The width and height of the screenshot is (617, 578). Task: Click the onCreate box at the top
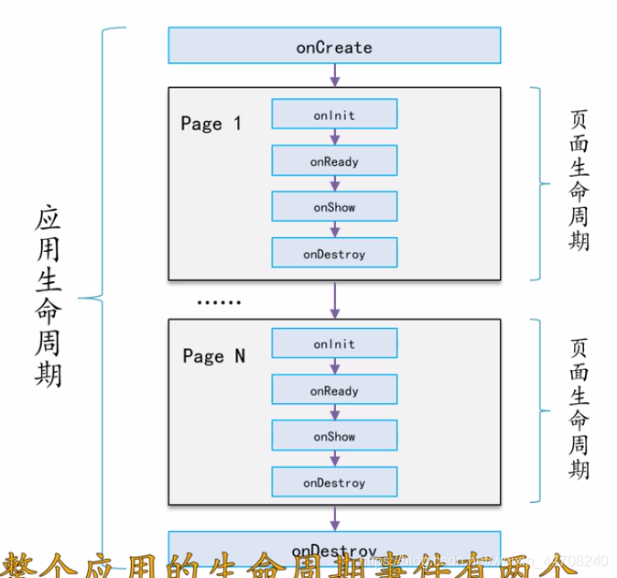click(x=334, y=46)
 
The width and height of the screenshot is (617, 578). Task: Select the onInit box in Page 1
click(x=334, y=115)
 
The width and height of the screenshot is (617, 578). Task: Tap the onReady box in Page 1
click(x=334, y=161)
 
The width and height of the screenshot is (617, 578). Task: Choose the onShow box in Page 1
click(x=334, y=207)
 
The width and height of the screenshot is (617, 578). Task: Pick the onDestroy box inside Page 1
click(x=334, y=253)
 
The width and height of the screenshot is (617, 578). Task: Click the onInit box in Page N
click(x=334, y=344)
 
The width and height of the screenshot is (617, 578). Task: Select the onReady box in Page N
click(x=334, y=390)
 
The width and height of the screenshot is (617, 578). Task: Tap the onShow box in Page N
click(x=334, y=436)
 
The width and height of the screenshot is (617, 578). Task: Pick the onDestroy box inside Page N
click(x=334, y=482)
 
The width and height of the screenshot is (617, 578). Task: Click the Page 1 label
click(x=211, y=124)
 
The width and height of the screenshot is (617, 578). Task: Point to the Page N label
click(x=213, y=356)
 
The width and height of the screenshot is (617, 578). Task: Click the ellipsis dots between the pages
click(x=219, y=300)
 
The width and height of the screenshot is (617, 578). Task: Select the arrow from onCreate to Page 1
click(x=335, y=75)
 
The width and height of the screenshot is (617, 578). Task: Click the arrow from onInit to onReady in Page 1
click(x=335, y=137)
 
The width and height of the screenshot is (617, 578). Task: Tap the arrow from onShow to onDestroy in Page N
click(x=335, y=458)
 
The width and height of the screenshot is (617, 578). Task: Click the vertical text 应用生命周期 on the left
click(x=48, y=297)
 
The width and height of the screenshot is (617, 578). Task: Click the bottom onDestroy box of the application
click(x=334, y=547)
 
